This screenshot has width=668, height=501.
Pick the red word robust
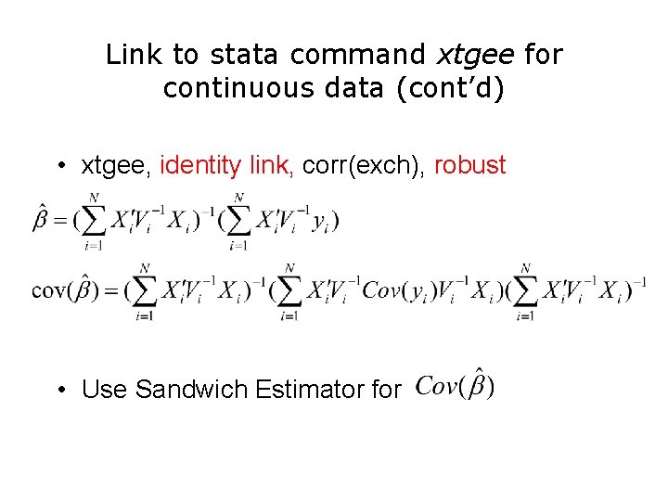pyautogui.click(x=470, y=166)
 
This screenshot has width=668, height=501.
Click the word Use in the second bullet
pyautogui.click(x=105, y=390)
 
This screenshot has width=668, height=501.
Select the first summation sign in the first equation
pyautogui.click(x=94, y=222)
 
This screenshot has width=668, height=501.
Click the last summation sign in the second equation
pyautogui.click(x=525, y=290)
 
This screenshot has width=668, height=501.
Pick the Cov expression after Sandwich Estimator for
pyautogui.click(x=455, y=384)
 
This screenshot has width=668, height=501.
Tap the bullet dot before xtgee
pyautogui.click(x=58, y=167)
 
